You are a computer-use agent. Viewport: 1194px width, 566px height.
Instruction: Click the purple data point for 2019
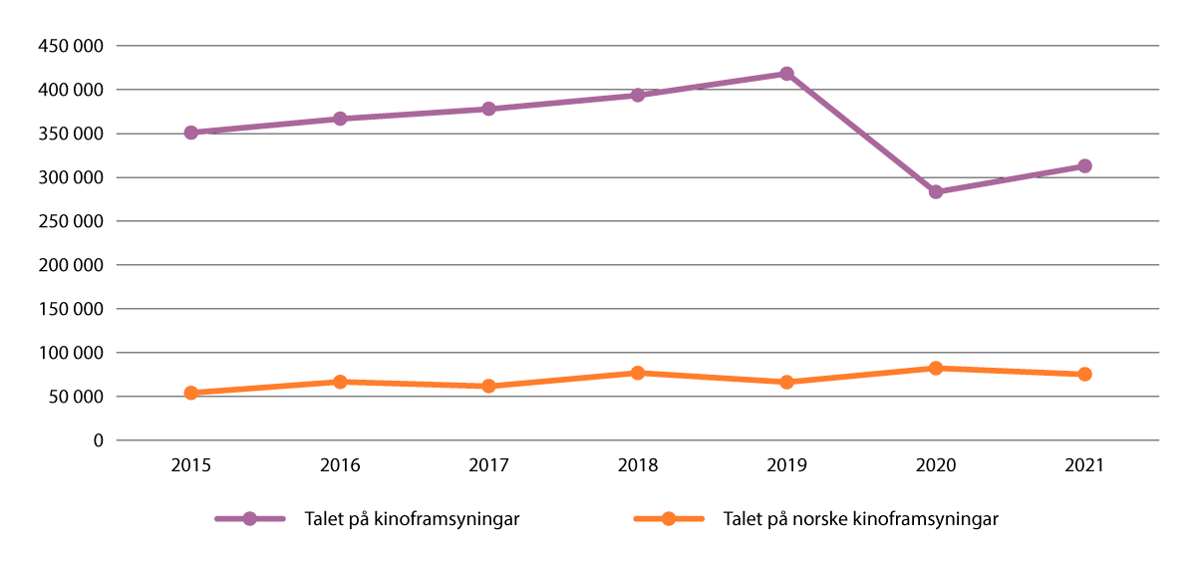(786, 74)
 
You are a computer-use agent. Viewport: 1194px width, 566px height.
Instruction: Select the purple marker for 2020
(936, 191)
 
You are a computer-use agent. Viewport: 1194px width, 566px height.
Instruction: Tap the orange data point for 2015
(190, 393)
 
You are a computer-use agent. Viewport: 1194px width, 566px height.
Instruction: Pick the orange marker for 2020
(936, 368)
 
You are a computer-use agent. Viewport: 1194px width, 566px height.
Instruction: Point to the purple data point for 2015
(190, 133)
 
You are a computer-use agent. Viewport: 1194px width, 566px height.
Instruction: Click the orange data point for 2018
(638, 373)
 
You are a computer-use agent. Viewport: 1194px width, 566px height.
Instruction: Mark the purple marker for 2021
(1084, 166)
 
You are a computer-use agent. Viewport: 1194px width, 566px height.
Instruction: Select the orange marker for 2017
(488, 386)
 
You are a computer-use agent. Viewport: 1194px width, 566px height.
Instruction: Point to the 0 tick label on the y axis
(98, 440)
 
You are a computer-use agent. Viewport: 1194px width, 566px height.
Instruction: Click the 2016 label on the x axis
(340, 465)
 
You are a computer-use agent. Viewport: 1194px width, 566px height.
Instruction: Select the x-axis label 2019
(786, 465)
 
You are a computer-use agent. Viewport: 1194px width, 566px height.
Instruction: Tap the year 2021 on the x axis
(1084, 465)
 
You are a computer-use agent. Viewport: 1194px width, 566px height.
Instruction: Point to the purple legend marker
(250, 519)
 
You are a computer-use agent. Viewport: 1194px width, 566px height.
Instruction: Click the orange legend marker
(669, 519)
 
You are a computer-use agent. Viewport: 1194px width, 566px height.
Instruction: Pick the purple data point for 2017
(488, 109)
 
